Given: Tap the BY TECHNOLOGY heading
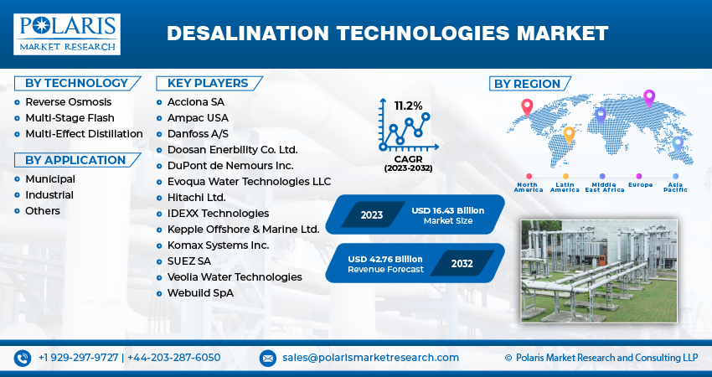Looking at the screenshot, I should click(76, 83).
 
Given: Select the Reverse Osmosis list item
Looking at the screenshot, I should click(68, 102).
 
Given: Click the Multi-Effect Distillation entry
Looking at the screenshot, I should click(84, 134).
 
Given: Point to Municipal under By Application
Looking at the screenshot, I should click(49, 179).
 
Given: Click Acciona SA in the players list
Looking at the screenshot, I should click(191, 102).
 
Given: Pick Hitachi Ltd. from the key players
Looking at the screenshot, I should click(190, 198).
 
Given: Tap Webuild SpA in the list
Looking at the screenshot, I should click(194, 293).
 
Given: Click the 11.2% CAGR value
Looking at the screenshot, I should click(409, 106).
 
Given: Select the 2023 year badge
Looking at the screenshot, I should click(372, 214).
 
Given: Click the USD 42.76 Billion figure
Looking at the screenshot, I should click(385, 259).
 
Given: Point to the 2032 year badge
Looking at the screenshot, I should click(462, 263).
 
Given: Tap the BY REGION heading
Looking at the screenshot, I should click(527, 84).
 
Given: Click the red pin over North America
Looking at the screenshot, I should click(527, 106).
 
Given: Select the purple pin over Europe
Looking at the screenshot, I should click(648, 97).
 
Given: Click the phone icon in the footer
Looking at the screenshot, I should click(23, 358).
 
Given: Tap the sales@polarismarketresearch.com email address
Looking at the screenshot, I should click(370, 358).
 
